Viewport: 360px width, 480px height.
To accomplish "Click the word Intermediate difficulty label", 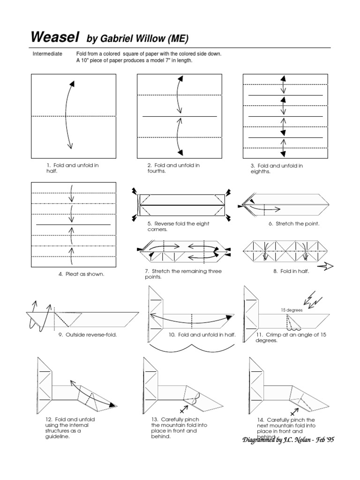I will (47, 54).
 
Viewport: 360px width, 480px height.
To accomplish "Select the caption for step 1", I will (72, 168).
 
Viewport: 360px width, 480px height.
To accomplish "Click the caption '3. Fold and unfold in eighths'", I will (277, 169).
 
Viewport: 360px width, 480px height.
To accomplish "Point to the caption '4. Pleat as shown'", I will (81, 274).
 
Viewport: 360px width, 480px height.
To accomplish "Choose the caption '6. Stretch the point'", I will (294, 224).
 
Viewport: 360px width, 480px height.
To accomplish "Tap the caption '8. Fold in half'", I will (291, 271).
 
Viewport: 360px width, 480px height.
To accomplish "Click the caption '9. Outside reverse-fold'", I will (88, 335).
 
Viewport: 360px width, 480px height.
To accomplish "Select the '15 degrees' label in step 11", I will (292, 310).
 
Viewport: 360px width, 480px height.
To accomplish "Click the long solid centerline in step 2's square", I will (180, 116).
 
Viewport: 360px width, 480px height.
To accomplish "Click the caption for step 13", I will (173, 427).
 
